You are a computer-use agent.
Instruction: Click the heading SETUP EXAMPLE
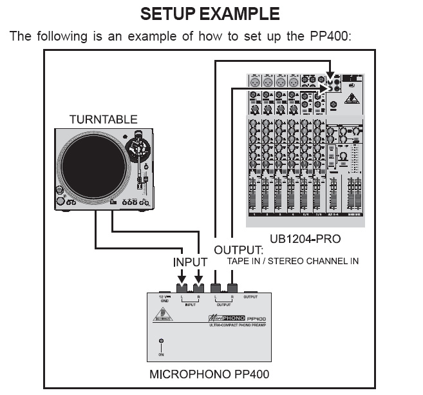(210, 13)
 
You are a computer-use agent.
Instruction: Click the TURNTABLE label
(103, 119)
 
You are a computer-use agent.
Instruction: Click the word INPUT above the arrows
(190, 262)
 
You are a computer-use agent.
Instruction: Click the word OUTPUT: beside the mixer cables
(239, 250)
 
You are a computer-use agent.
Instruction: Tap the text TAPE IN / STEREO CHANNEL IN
(293, 262)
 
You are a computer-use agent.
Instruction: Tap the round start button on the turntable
(61, 191)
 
